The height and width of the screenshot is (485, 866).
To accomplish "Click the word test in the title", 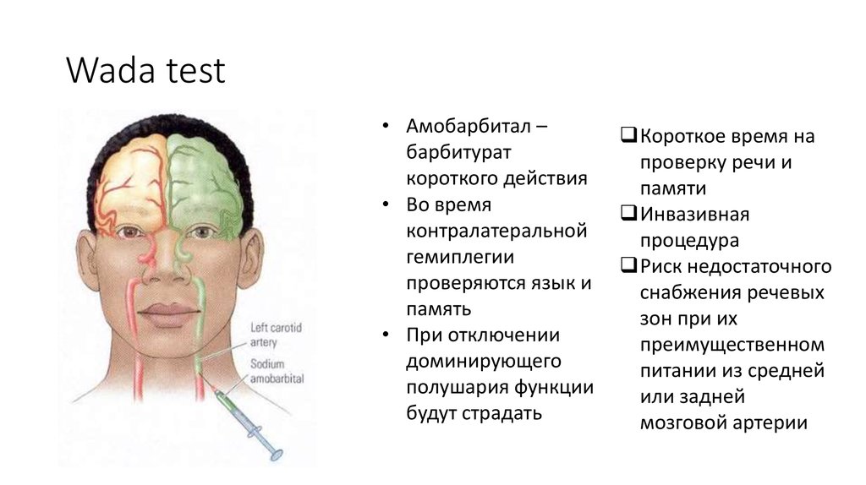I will click(195, 71).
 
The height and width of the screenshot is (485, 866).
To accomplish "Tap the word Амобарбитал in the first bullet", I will click(468, 128).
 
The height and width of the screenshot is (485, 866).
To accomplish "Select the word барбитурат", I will click(461, 153).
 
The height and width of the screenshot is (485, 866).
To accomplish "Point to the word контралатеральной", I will click(496, 231).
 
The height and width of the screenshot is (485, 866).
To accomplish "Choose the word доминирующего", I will click(484, 361).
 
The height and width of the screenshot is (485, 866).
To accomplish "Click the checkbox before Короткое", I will click(628, 135).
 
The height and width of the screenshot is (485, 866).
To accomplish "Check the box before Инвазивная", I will click(628, 214).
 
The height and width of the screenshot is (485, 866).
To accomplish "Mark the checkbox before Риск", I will click(628, 266).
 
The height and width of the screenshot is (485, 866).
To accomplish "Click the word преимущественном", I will click(732, 345).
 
